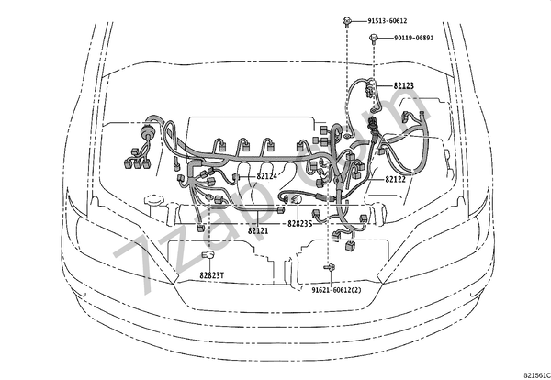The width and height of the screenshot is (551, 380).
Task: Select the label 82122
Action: (396, 180)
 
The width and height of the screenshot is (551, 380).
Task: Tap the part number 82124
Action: (266, 176)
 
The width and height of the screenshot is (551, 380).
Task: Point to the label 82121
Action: (258, 231)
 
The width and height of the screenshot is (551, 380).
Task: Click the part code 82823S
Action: (299, 223)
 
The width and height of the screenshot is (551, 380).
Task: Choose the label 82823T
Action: (212, 274)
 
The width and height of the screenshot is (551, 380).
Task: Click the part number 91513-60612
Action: (387, 20)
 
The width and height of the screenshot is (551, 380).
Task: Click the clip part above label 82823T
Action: (208, 254)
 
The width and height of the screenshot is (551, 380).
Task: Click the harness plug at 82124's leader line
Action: (237, 176)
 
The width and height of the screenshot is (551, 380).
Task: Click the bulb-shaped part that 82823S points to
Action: (287, 198)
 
